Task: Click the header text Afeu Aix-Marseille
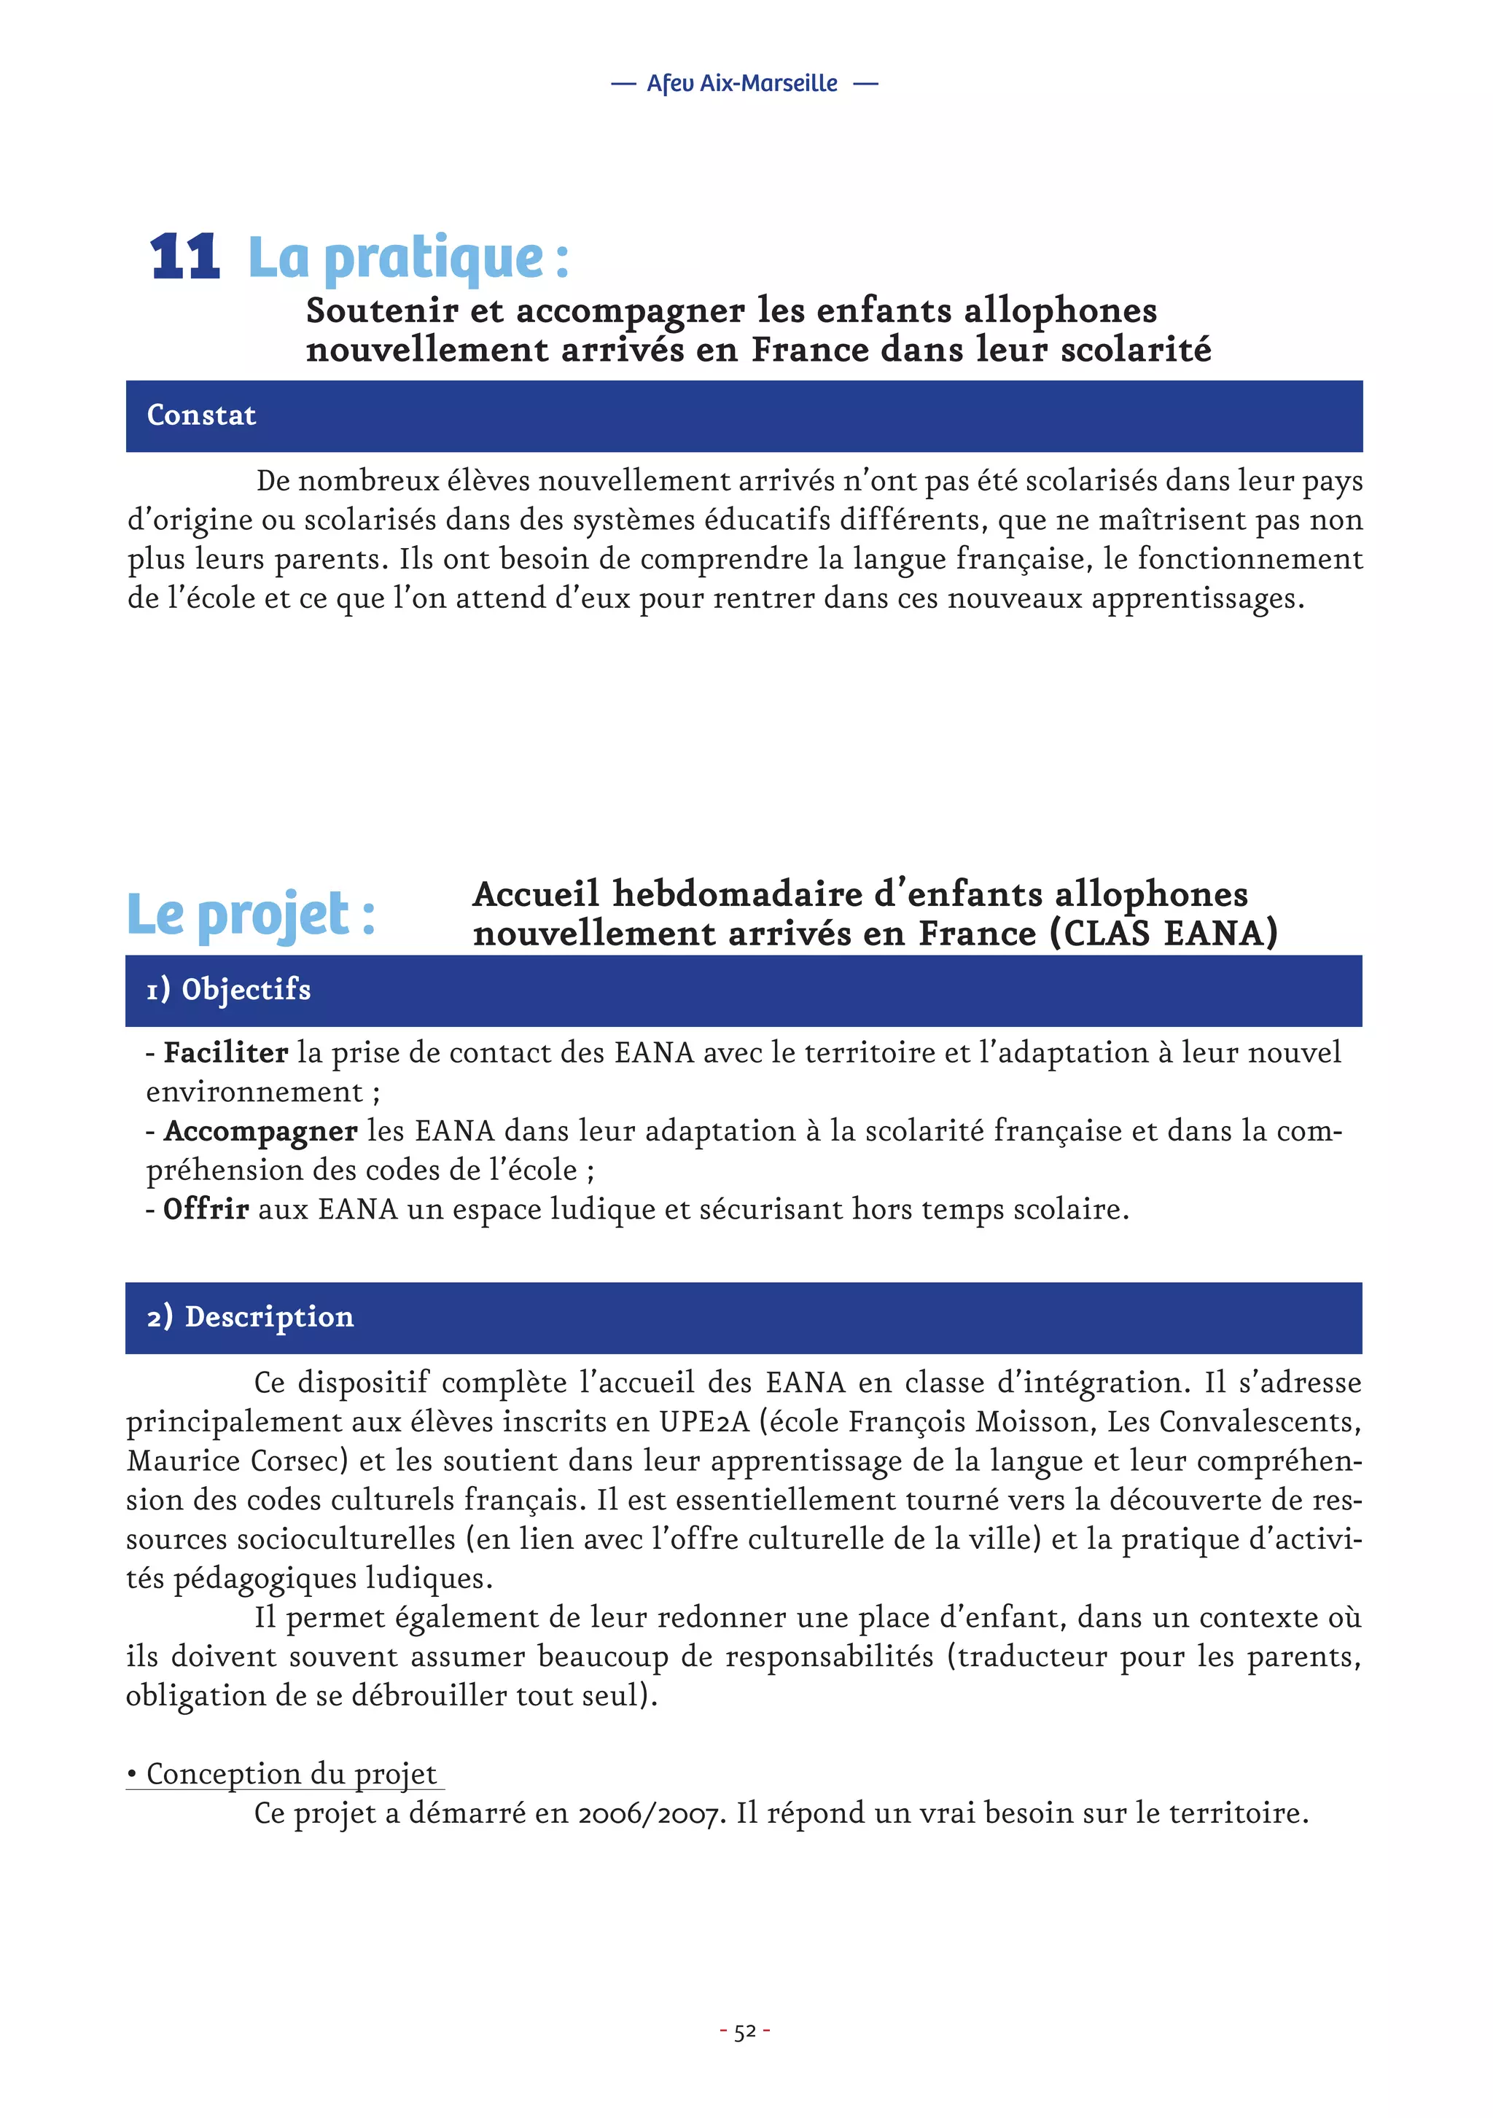(742, 84)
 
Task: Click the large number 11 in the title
(184, 257)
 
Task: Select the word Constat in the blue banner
(201, 415)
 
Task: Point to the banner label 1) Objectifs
(228, 989)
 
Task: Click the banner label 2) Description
(250, 1316)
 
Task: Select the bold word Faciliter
(225, 1052)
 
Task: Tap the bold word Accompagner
(260, 1131)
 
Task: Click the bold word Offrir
(206, 1209)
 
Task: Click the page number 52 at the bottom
(744, 2031)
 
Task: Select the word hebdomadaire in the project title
(737, 894)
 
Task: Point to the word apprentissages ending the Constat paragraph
(1197, 598)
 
